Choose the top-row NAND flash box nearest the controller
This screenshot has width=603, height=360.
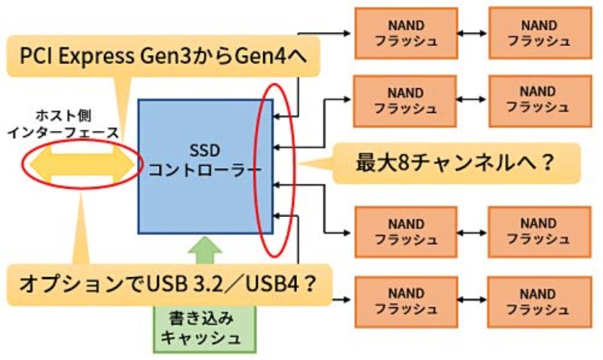point(406,33)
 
